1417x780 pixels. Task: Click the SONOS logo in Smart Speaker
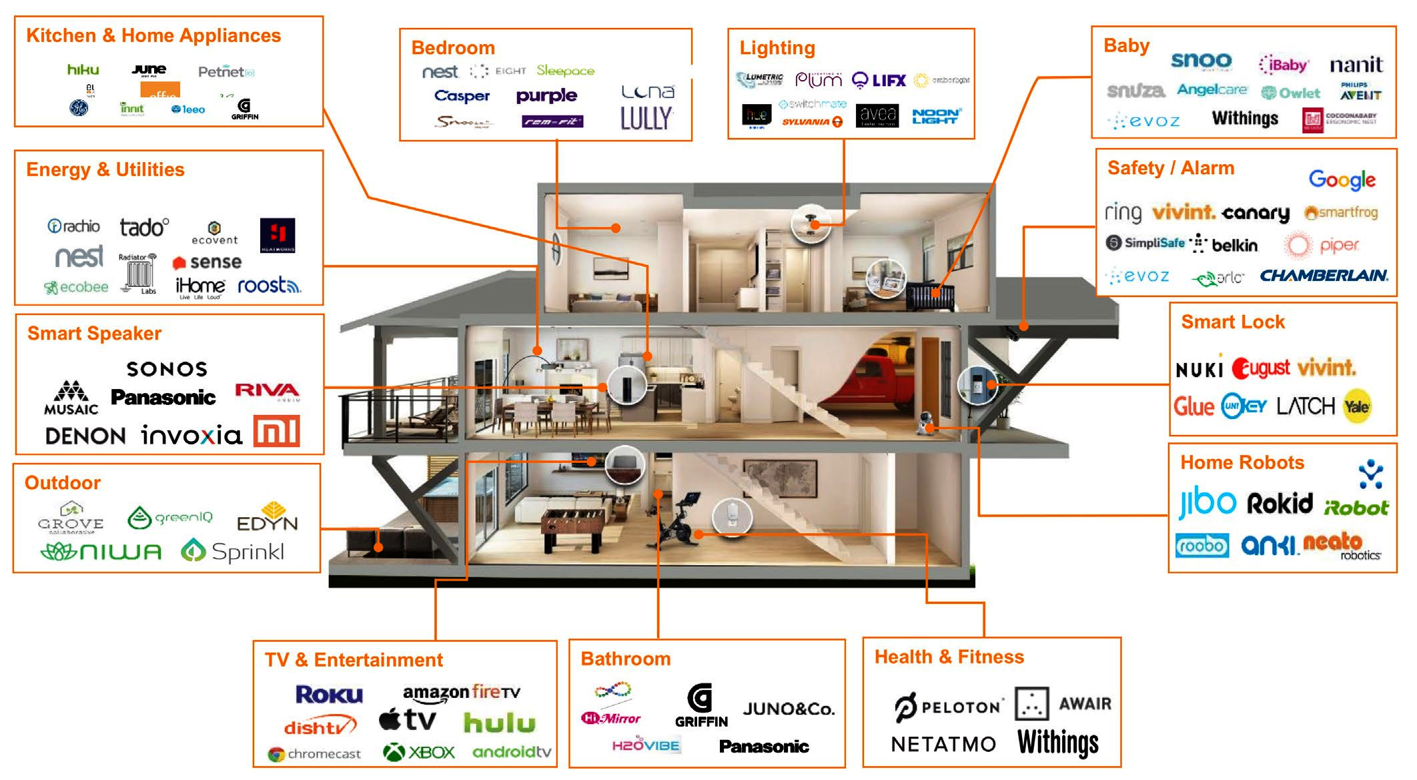167,369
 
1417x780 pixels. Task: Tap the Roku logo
329,695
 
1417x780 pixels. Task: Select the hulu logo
500,723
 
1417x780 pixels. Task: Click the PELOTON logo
948,707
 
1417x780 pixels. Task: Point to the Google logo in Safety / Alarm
1342,179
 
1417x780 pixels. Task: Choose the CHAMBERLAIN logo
1324,276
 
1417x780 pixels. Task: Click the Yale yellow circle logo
1357,406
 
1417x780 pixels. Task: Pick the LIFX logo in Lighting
879,81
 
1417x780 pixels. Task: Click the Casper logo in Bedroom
462,96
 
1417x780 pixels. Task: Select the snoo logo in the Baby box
1201,61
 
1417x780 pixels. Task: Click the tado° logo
144,228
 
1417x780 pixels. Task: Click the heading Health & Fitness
949,657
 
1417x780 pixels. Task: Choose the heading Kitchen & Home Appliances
153,35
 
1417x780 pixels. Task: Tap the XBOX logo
419,753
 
